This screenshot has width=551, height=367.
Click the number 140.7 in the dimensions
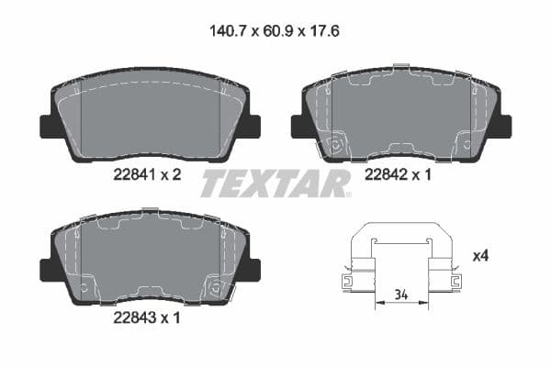click(220, 30)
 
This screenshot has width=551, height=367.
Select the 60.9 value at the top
click(275, 30)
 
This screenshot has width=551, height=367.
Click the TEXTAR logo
click(275, 183)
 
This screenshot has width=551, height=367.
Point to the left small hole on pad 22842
click(336, 144)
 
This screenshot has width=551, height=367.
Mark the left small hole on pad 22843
click(84, 288)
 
